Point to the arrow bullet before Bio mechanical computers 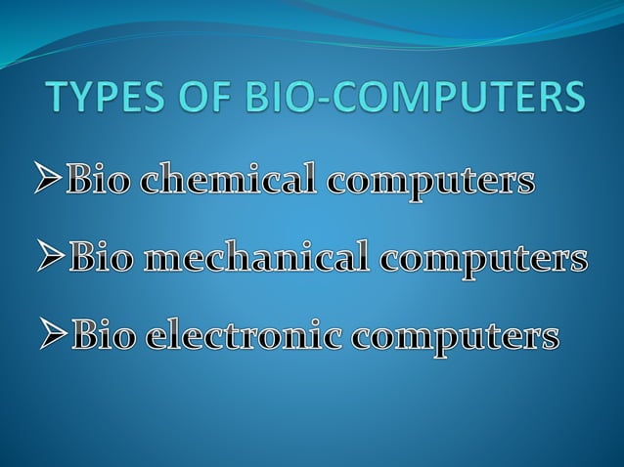[53, 259]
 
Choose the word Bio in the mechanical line [105, 259]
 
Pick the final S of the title [575, 100]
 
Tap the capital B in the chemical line [79, 181]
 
